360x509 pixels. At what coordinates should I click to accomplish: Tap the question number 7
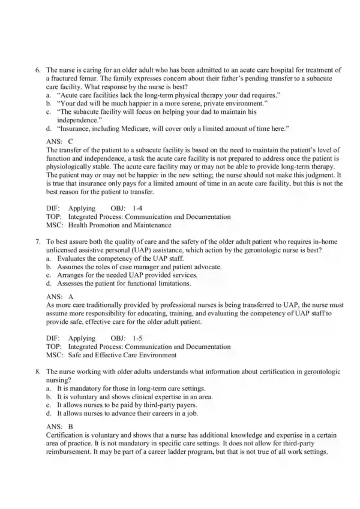[x=38, y=242]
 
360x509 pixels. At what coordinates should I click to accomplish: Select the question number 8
[x=38, y=372]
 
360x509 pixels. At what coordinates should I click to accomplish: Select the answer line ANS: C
[x=59, y=141]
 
